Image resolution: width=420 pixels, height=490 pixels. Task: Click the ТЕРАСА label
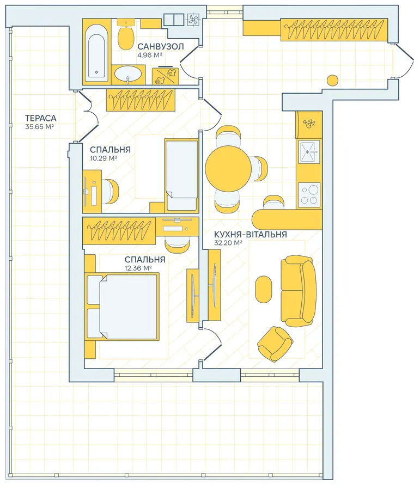point(41,118)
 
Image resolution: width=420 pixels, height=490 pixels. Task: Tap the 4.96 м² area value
point(149,55)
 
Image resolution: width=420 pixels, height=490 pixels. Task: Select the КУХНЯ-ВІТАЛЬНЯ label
point(251,234)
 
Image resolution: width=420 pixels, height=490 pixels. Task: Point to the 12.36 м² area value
point(138,268)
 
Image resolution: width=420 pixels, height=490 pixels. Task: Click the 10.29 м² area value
point(104,158)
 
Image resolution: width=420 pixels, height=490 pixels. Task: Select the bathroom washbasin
point(128,75)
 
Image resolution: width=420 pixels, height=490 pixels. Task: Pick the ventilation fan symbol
point(193,20)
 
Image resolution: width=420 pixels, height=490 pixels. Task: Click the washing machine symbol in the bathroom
point(166,76)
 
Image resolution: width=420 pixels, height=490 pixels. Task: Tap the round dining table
point(228,168)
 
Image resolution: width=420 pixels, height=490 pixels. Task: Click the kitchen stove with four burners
point(309,195)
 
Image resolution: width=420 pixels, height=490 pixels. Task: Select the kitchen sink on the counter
point(309,152)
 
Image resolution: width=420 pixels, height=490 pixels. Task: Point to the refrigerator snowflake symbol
point(309,123)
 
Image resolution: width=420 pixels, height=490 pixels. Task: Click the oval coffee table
point(263,289)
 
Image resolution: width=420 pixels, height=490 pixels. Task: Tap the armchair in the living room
point(275,344)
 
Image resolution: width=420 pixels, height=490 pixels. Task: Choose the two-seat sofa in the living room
point(299,291)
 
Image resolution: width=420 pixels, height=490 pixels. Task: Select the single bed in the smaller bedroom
point(182,176)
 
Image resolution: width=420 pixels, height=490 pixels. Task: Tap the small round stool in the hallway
point(332,81)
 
